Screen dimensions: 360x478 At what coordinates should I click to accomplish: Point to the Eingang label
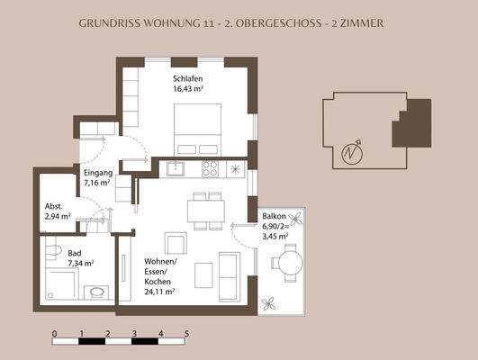[97, 172]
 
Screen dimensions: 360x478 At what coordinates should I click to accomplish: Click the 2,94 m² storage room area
[59, 217]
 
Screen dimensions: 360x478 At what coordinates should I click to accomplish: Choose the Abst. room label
[53, 206]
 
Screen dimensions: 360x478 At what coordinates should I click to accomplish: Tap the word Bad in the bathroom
[75, 254]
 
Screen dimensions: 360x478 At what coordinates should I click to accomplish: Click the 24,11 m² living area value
[159, 292]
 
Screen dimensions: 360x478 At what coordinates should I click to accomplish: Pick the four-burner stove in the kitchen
[211, 167]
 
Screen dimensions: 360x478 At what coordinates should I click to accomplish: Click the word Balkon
[275, 218]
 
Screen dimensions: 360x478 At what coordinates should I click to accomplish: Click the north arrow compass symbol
[351, 153]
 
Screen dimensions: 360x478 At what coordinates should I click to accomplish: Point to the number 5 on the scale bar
[186, 333]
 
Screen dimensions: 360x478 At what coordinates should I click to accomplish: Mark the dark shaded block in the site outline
[410, 123]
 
